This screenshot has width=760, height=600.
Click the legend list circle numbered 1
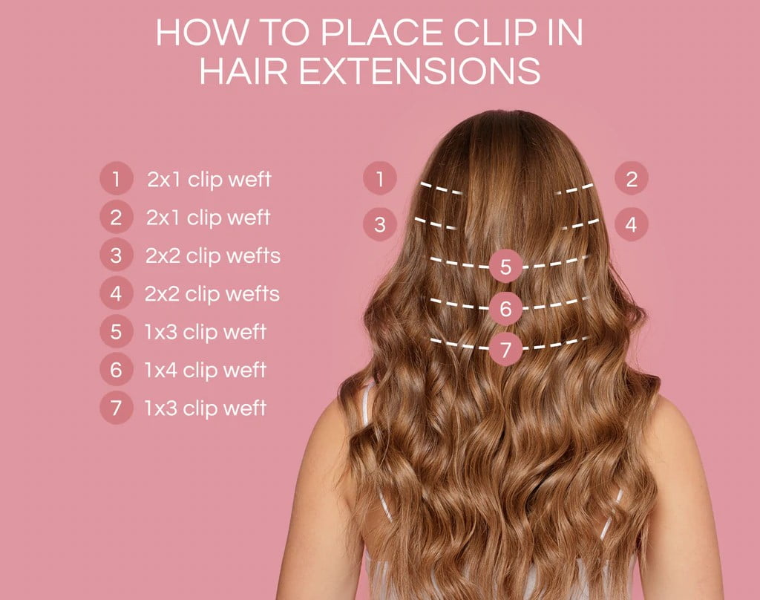[x=116, y=179]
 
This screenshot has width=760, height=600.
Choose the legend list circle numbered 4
[x=116, y=293]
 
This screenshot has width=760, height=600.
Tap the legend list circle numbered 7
[x=116, y=408]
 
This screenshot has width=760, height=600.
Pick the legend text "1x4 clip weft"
[x=206, y=370]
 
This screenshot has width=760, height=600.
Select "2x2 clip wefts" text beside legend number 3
[x=213, y=255]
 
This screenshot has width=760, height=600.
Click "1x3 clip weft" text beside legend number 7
[x=206, y=408]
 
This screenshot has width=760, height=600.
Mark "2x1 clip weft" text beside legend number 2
[x=209, y=218]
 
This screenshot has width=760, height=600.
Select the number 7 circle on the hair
[x=506, y=349]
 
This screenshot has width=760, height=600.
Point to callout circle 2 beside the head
[x=632, y=179]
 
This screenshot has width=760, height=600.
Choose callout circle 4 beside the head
[x=631, y=224]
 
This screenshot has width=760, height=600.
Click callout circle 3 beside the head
[x=380, y=224]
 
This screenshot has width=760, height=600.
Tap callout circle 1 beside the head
[x=380, y=179]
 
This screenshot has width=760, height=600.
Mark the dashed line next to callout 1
[x=442, y=188]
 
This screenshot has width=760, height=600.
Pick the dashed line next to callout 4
[x=580, y=223]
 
